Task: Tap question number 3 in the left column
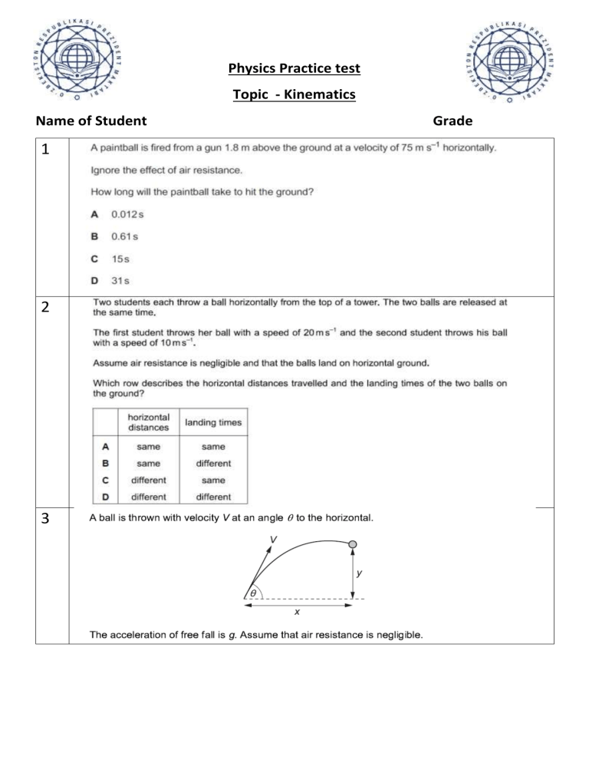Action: [48, 519]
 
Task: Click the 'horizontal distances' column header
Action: [148, 421]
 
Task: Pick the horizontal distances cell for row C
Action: [148, 480]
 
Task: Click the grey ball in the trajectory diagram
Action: [353, 545]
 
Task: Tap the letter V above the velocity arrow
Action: [273, 539]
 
